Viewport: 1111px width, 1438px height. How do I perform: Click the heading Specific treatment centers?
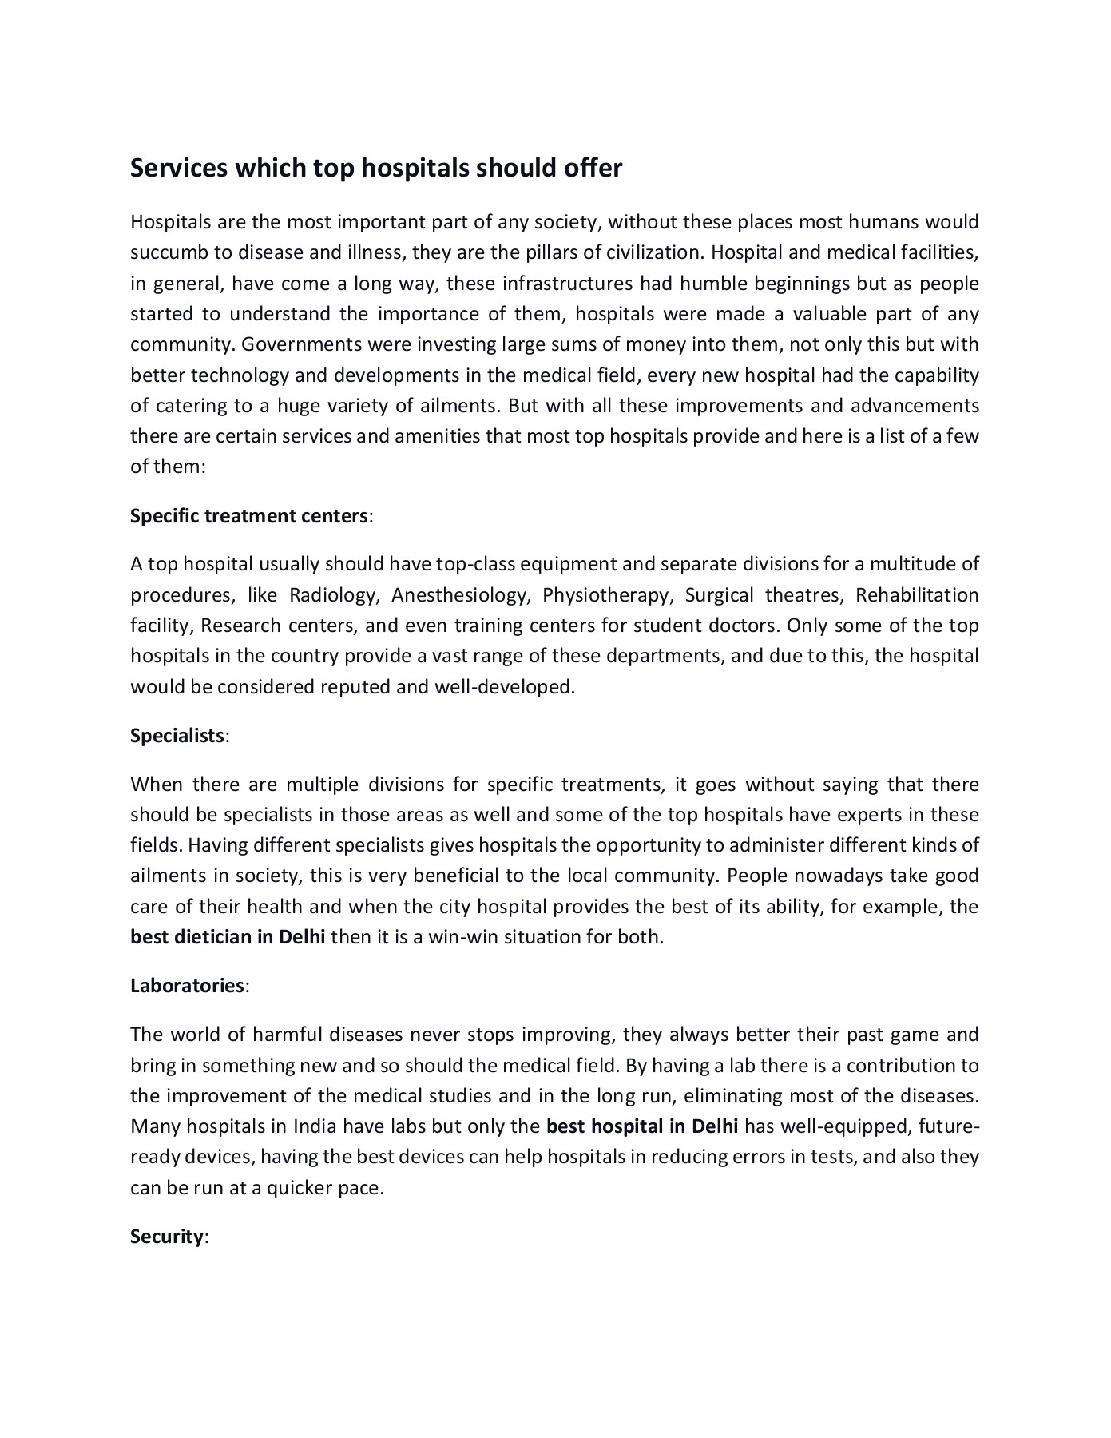(249, 516)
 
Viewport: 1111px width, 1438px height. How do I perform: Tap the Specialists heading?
(177, 736)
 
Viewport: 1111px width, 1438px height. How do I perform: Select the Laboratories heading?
(187, 986)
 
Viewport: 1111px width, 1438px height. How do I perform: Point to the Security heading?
(167, 1237)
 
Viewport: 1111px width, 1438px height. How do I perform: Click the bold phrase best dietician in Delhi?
(228, 937)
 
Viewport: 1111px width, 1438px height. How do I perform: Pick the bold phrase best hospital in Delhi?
(642, 1127)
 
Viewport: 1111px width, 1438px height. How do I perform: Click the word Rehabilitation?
(917, 596)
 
